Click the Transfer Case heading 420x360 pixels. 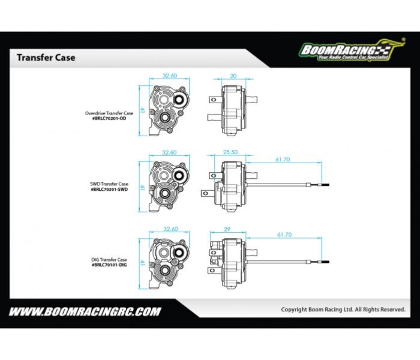coord(46,58)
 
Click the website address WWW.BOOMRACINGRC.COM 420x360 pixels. coord(85,311)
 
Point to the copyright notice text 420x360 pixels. coord(343,310)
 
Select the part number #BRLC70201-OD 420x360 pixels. coord(106,118)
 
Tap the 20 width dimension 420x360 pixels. coord(233,76)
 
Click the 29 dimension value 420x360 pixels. coord(226,229)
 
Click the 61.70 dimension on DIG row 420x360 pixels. coord(283,235)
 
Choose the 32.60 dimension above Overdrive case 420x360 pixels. coord(170,76)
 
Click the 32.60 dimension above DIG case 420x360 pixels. coord(170,229)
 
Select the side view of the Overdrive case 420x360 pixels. coord(231,109)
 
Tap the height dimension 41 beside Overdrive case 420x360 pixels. coord(142,110)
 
